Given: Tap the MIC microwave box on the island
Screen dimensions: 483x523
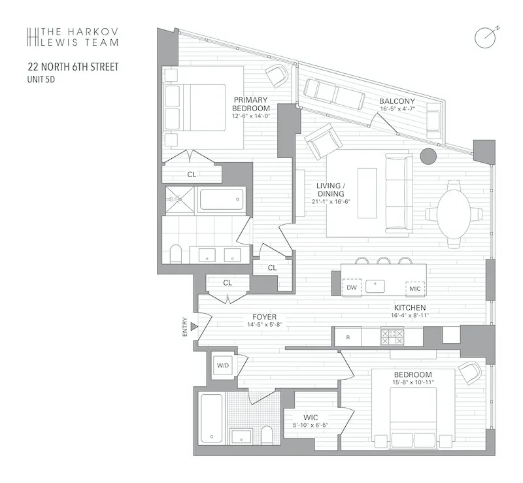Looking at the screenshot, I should pos(414,287).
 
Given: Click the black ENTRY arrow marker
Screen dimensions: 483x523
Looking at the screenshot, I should pos(193,325).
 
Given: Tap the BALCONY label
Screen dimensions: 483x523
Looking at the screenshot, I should pos(396,101).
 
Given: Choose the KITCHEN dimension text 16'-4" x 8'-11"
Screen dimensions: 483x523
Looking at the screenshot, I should pos(410,315).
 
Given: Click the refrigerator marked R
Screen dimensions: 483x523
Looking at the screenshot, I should pos(348,337).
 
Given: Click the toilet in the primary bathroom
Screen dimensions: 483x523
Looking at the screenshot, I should pos(175,254).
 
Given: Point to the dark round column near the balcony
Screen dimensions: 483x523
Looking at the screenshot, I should pos(428,157).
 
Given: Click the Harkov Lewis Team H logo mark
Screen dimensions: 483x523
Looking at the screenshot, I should pos(31,37).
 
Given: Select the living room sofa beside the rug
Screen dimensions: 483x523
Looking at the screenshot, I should pos(398,193).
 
